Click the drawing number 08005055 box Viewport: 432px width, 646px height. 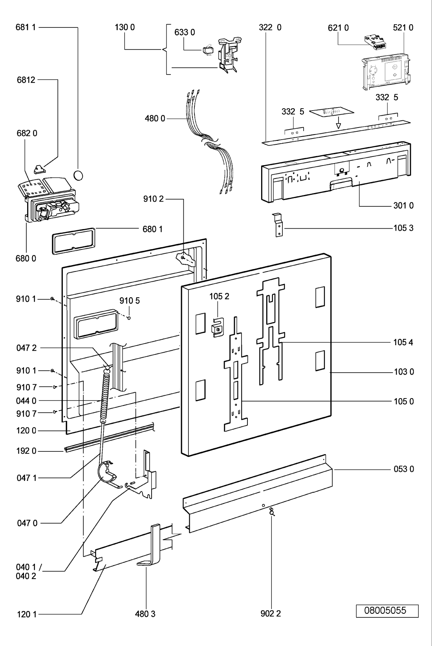tap(387, 611)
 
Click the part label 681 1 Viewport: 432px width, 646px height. tap(26, 27)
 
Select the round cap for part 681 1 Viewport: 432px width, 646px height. tap(79, 175)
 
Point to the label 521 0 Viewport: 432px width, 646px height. tap(403, 27)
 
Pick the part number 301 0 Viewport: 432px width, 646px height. tap(403, 206)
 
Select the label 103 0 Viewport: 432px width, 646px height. tap(403, 372)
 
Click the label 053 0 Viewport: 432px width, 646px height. tap(403, 469)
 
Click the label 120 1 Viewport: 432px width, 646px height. tap(27, 614)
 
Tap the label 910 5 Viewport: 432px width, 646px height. tap(130, 301)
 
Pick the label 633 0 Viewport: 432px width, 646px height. tap(185, 32)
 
